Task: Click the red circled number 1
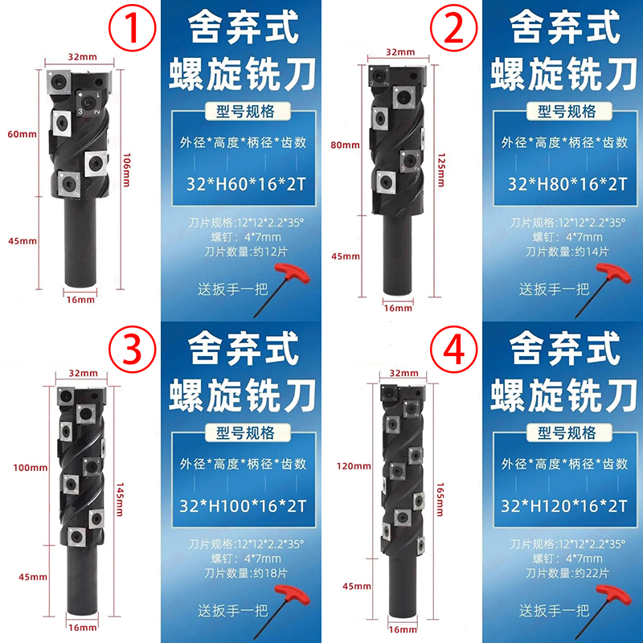click(132, 28)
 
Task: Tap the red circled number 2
click(453, 28)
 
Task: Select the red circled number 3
click(132, 350)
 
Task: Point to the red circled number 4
click(453, 350)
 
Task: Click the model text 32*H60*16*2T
click(246, 184)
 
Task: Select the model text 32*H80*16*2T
click(567, 184)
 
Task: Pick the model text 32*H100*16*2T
click(243, 506)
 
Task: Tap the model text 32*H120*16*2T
click(564, 506)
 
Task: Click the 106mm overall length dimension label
click(127, 170)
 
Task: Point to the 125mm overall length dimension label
click(440, 170)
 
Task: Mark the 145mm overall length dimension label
click(120, 499)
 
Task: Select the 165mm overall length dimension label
click(440, 499)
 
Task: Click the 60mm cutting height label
click(23, 134)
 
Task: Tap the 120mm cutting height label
click(354, 466)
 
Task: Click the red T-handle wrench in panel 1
click(283, 290)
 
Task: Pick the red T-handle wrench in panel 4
click(604, 612)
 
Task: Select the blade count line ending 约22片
click(567, 573)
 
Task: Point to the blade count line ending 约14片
click(567, 252)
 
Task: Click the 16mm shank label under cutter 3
click(83, 628)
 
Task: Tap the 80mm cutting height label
click(346, 145)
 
